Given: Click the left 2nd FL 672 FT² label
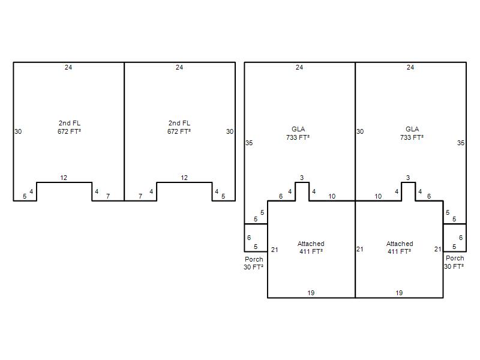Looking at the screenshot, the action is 70,127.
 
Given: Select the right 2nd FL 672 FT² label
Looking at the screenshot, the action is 179,127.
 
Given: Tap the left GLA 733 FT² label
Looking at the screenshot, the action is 298,133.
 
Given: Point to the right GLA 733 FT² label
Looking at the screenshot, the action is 412,133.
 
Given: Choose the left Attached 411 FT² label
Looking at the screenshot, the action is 311,247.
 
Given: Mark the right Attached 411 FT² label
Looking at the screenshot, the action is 400,247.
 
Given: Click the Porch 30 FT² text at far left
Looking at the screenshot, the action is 254,263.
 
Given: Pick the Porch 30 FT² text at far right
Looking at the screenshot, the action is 454,262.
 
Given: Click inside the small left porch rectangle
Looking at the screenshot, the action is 256,238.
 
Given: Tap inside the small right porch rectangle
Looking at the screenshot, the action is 455,238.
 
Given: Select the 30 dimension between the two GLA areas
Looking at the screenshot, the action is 360,131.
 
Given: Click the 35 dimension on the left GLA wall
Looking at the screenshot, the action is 249,143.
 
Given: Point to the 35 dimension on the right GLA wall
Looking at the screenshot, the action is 461,143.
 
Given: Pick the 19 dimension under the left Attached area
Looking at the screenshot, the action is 311,293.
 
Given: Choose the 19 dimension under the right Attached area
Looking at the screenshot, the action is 399,293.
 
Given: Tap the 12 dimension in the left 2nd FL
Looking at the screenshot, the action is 64,178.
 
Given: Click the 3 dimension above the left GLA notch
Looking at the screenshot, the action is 302,178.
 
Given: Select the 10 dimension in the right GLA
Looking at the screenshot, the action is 379,196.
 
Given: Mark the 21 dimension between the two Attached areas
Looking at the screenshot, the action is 360,249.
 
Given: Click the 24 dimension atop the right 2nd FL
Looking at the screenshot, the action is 179,67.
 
